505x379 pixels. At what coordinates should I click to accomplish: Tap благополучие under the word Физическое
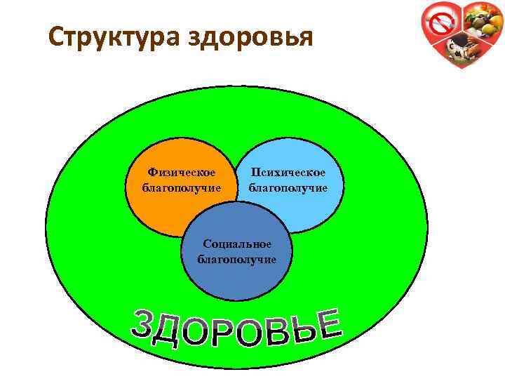click(x=181, y=187)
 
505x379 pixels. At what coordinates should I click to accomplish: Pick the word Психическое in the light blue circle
click(x=288, y=172)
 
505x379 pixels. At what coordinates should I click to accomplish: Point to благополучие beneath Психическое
click(x=288, y=187)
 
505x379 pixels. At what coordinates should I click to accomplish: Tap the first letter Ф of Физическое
click(x=152, y=172)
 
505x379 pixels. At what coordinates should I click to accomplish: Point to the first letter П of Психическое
click(x=256, y=172)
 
